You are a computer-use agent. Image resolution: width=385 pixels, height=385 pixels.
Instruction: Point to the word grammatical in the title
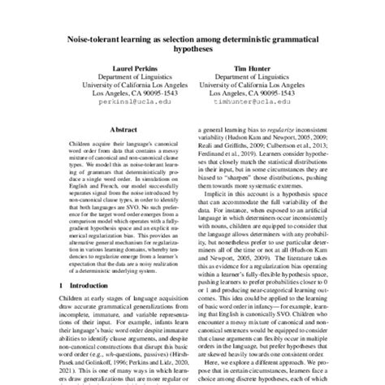[x=300, y=37]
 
